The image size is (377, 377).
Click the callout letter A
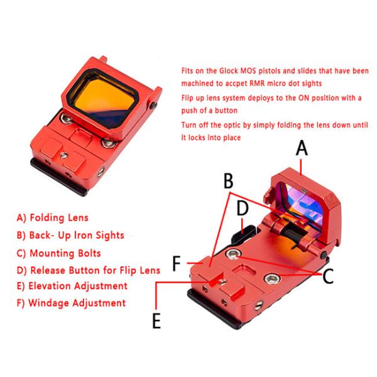302,149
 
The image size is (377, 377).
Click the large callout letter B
229,182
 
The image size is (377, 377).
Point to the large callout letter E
156,320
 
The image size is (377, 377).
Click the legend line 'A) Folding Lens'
53,218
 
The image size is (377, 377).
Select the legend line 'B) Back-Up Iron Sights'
70,235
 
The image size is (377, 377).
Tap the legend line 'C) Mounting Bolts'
59,253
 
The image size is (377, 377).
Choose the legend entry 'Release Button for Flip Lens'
88,270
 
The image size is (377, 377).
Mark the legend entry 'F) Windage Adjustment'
71,303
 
